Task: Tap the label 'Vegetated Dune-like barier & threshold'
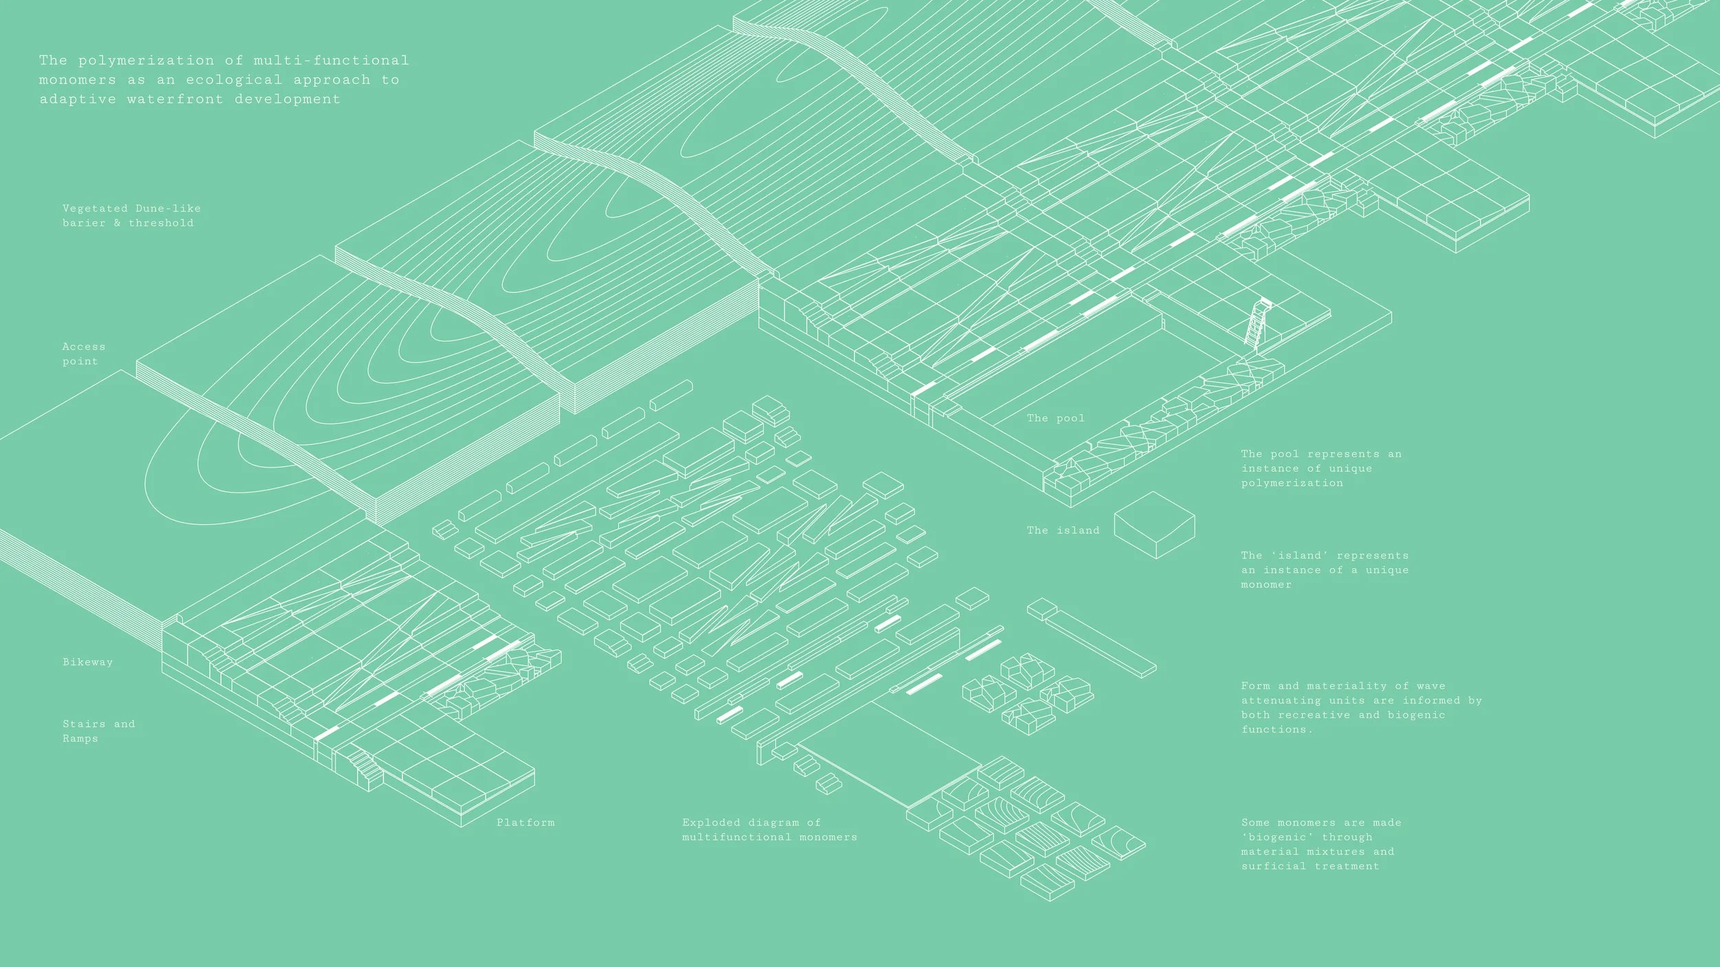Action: pyautogui.click(x=131, y=215)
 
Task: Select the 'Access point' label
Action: pyautogui.click(x=83, y=354)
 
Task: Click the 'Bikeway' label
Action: pyautogui.click(x=87, y=662)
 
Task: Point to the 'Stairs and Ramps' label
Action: pyautogui.click(x=98, y=731)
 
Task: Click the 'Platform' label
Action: pyautogui.click(x=525, y=823)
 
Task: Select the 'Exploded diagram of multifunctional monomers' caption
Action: pyautogui.click(x=769, y=829)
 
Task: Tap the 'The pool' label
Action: pyautogui.click(x=1055, y=418)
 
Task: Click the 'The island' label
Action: pyautogui.click(x=1063, y=530)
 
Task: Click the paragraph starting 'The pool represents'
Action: pyautogui.click(x=1320, y=468)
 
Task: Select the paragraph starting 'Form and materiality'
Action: pyautogui.click(x=1361, y=707)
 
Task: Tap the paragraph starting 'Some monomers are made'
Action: pyautogui.click(x=1320, y=844)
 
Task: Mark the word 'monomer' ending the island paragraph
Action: pyautogui.click(x=1266, y=585)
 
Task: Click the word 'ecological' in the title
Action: pyautogui.click(x=234, y=80)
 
